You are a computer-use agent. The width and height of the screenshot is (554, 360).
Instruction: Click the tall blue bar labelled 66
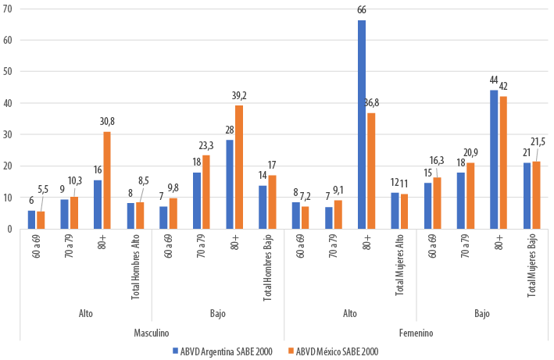coord(362,125)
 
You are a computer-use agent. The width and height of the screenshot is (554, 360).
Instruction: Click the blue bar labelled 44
coord(494,159)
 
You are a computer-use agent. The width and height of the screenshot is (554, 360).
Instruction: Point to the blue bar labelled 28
coord(229,184)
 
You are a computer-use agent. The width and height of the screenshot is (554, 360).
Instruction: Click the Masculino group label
coord(152,333)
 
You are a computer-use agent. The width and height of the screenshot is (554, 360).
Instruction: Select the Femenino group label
coord(416,333)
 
